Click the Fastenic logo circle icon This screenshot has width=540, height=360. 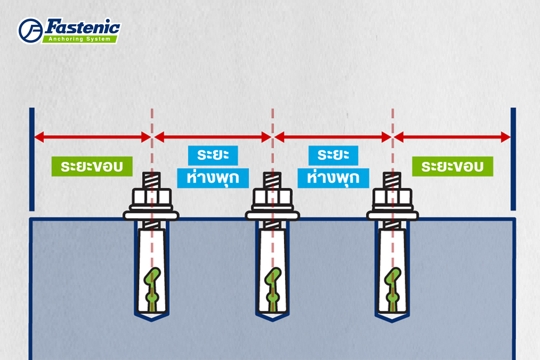pos(30,31)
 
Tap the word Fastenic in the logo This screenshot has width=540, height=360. pos(83,26)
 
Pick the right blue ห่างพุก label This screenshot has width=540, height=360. pos(333,178)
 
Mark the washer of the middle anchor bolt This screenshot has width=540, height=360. pos(272,215)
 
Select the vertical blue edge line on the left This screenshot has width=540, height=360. pos(32,158)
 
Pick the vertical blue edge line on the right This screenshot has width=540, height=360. pos(513,158)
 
